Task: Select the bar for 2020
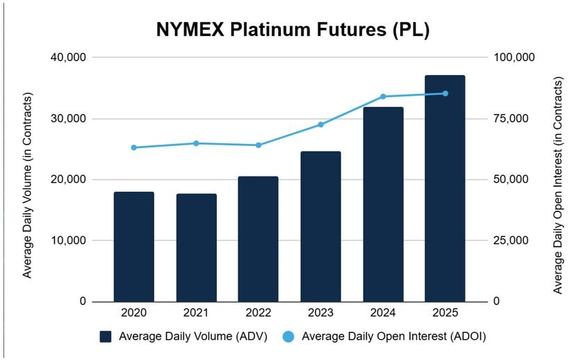(133, 247)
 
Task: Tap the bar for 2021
(196, 248)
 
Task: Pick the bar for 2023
(320, 227)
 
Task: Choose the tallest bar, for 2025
(445, 188)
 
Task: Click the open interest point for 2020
(133, 147)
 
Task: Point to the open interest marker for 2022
(258, 145)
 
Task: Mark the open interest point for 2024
(383, 97)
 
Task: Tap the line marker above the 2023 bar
(320, 124)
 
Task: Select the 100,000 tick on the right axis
(514, 57)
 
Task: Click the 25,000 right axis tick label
(511, 240)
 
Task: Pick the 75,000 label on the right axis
(511, 118)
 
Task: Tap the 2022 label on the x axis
(258, 313)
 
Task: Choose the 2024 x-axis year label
(383, 313)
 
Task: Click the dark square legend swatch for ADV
(106, 337)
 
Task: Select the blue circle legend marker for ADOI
(288, 337)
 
